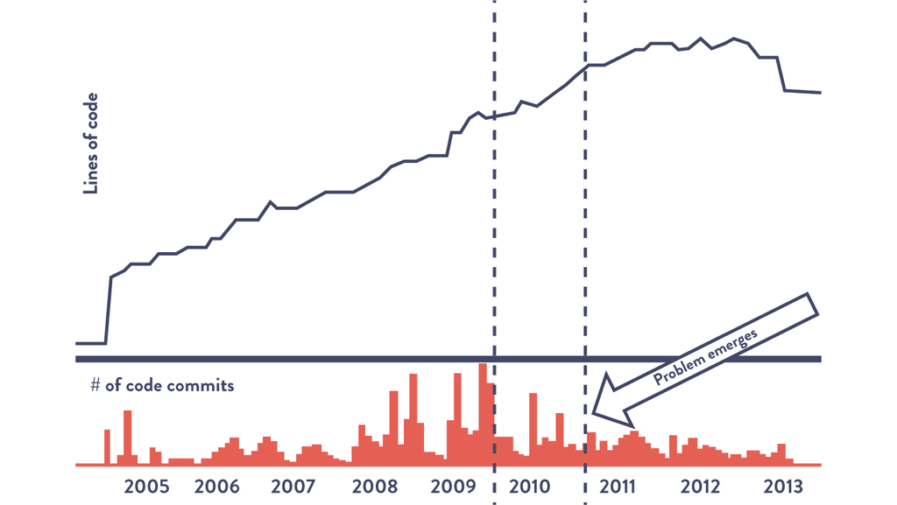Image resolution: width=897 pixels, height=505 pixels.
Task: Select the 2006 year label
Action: click(217, 487)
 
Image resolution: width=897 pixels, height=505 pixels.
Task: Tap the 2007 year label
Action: click(293, 487)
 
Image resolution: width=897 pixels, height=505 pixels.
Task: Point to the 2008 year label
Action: click(375, 487)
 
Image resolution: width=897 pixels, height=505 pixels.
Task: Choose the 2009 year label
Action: click(453, 487)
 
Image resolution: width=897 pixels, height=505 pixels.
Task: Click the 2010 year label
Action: click(530, 487)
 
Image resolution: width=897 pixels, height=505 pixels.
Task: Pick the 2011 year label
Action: click(618, 487)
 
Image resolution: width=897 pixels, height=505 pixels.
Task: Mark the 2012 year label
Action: click(701, 487)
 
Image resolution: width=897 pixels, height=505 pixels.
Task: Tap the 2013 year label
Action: click(782, 487)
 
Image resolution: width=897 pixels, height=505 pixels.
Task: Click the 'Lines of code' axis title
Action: click(89, 143)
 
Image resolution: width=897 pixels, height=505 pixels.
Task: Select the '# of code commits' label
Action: click(162, 385)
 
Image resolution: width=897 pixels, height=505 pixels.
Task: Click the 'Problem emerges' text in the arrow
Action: click(705, 357)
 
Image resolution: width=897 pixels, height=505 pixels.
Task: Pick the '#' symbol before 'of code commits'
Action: click(95, 385)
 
